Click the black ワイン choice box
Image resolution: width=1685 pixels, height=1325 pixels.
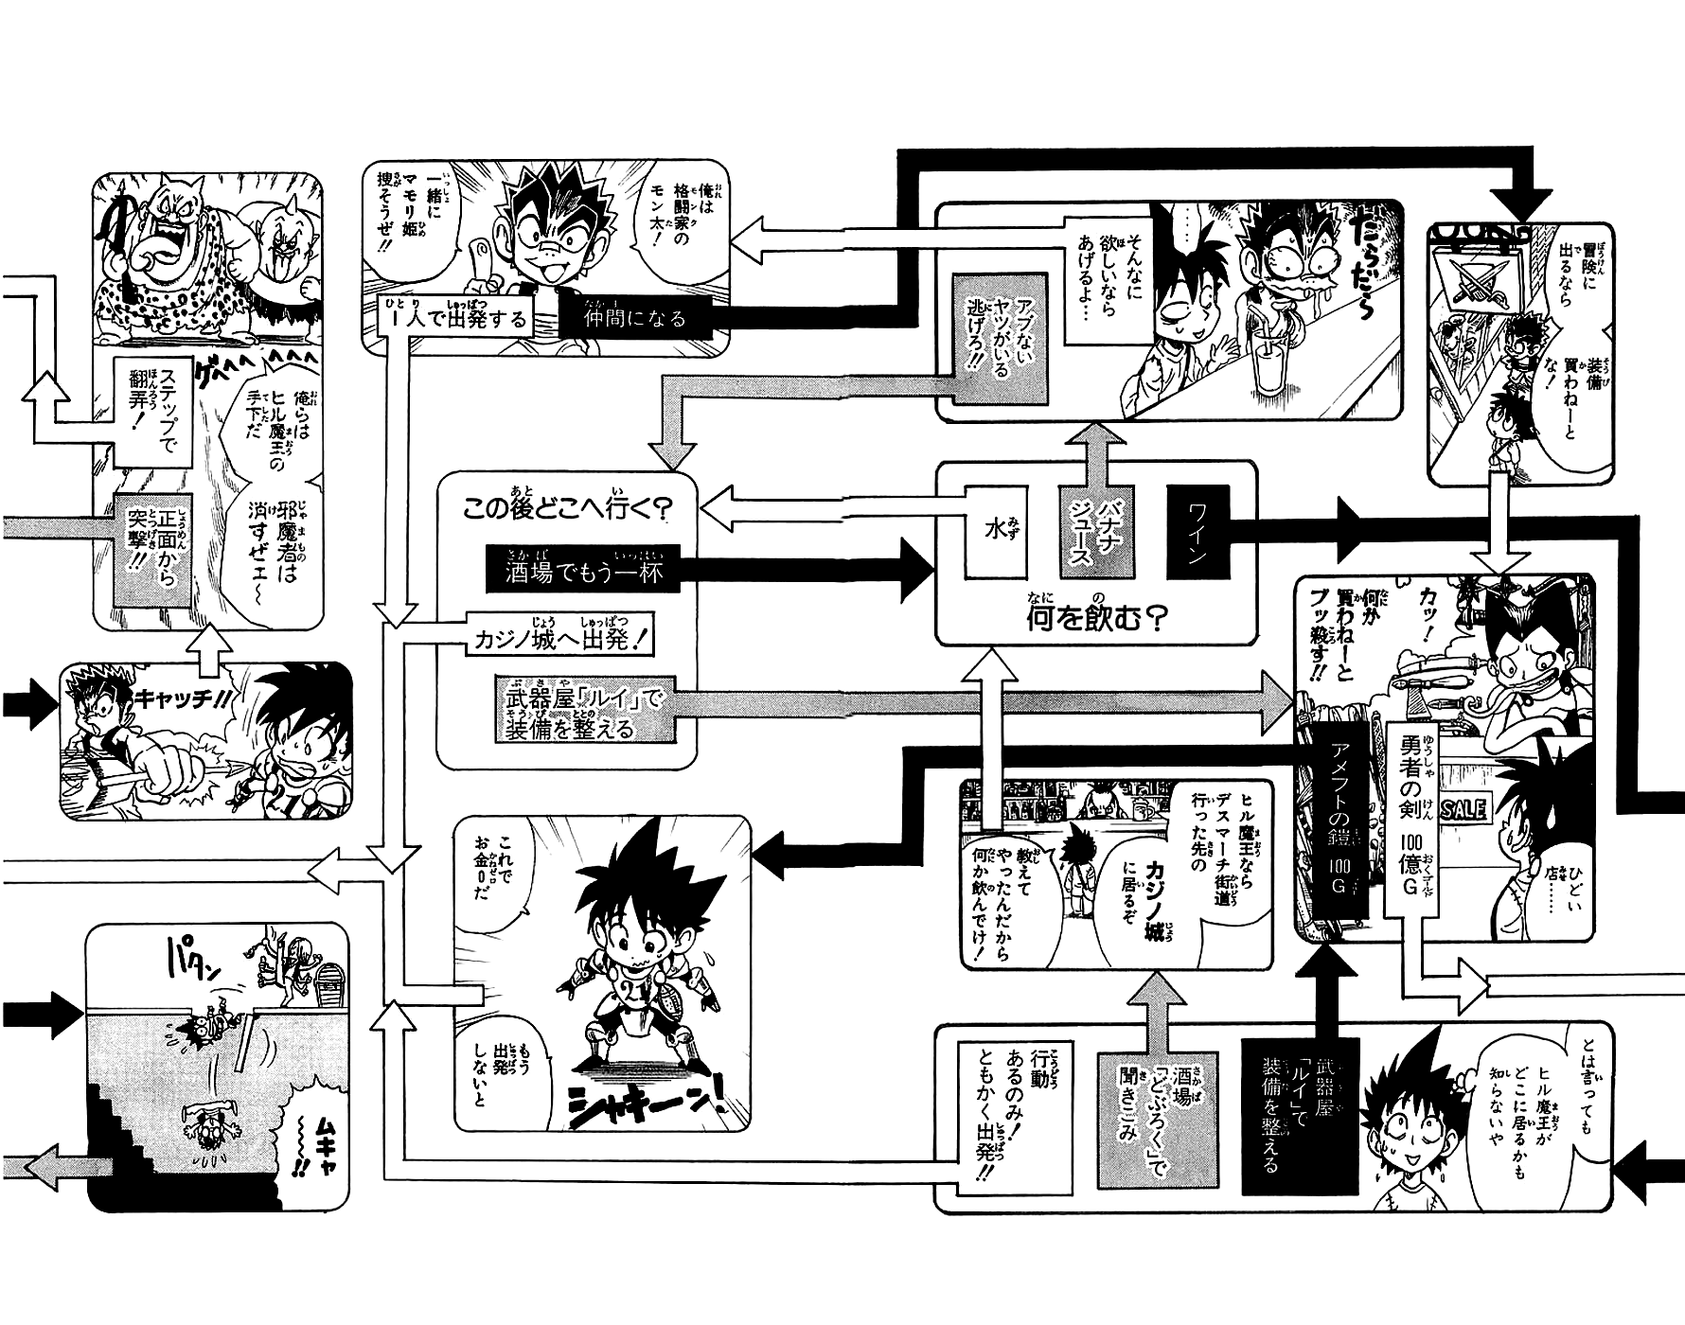[1195, 532]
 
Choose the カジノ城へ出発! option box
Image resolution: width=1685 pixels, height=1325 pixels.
[561, 639]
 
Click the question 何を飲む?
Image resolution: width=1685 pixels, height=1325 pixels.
[1095, 619]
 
